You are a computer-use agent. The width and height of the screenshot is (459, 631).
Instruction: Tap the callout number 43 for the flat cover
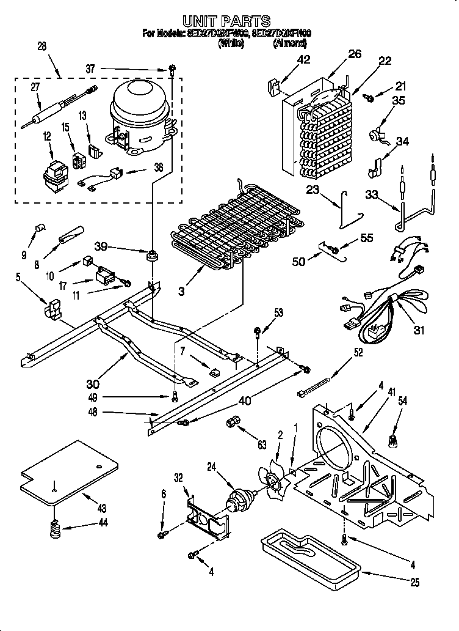click(x=101, y=509)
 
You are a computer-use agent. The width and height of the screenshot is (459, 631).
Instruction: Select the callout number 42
click(x=303, y=59)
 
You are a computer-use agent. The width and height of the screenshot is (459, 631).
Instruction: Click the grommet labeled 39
click(x=150, y=254)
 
